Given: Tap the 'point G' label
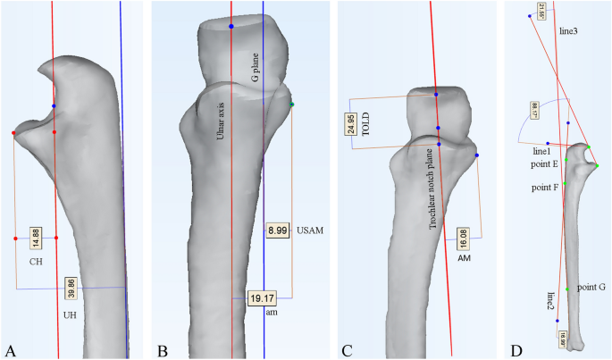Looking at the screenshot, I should pos(591,287).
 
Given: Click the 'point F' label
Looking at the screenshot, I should pos(545,188).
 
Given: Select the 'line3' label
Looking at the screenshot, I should pos(568,31).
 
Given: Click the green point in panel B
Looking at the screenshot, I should pos(291,105).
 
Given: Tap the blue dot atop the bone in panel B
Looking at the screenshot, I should pos(231,27).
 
